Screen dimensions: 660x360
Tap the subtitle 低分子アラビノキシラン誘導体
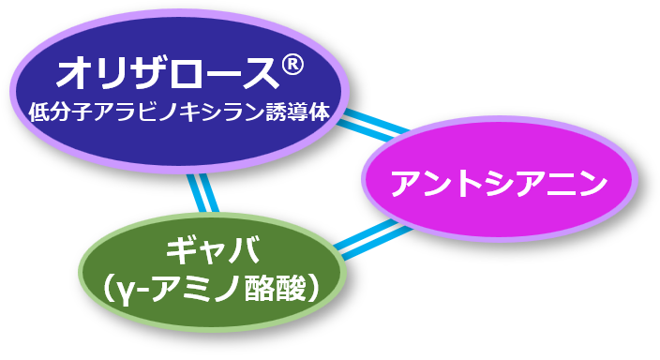(x=178, y=112)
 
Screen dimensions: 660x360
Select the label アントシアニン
(x=499, y=184)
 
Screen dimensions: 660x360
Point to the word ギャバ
(x=213, y=251)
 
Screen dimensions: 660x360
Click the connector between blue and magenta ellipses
(x=374, y=125)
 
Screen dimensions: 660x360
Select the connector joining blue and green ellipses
(x=202, y=193)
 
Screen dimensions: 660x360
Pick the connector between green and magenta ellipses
(x=373, y=239)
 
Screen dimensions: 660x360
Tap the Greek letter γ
(x=122, y=292)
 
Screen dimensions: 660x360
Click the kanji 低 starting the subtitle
(x=39, y=112)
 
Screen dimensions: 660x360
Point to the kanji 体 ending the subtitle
(x=319, y=112)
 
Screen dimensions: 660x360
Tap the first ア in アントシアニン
(x=405, y=184)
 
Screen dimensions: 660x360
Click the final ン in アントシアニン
(x=592, y=184)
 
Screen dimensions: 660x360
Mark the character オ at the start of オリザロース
(x=72, y=74)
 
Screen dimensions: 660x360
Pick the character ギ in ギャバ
(x=182, y=251)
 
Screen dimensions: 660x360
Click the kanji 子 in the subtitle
(x=82, y=112)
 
